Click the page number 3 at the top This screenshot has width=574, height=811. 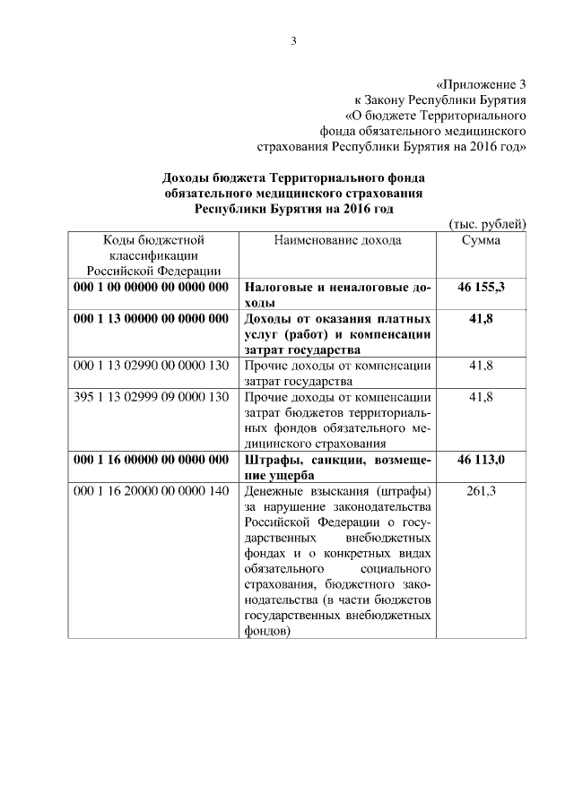point(292,40)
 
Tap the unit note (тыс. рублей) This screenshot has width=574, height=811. point(486,224)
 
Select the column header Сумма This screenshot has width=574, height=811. point(481,240)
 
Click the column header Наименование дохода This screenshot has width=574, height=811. point(338,240)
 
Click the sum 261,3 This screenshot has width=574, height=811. point(481,491)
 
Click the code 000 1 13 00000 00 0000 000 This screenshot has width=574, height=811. point(152,319)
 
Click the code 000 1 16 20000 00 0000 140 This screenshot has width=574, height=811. point(152,491)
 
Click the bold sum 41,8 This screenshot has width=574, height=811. point(481,319)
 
